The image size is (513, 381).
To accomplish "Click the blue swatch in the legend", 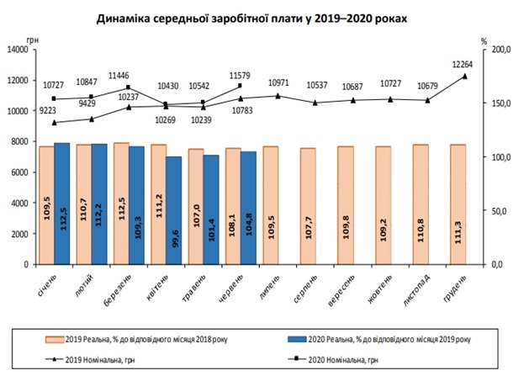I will click(299, 340).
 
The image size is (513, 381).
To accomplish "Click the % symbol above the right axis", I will click(484, 40).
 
